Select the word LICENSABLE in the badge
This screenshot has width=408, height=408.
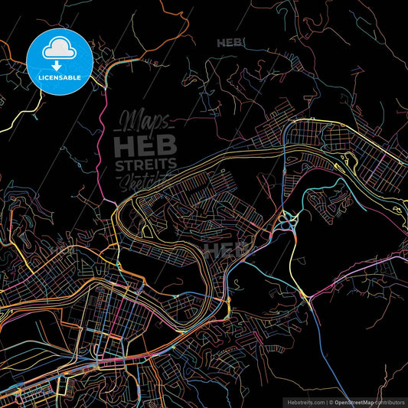[x=59, y=77]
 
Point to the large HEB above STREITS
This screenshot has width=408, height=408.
[x=145, y=143]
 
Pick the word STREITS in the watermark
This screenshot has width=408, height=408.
[x=145, y=164]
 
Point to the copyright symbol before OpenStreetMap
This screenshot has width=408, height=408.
[x=331, y=401]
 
